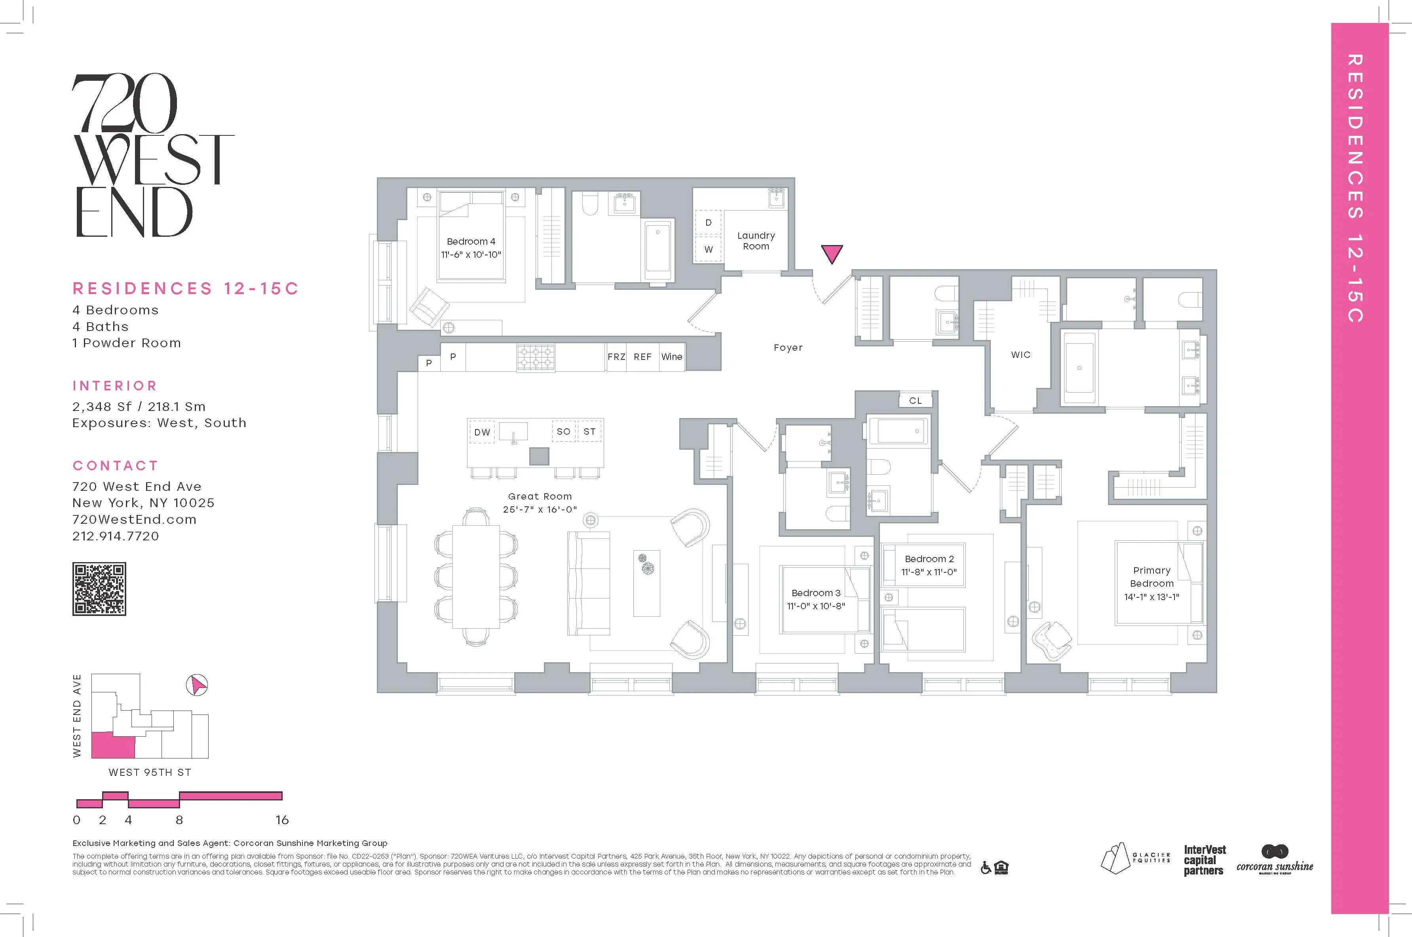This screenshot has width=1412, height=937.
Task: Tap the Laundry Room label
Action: pos(756,241)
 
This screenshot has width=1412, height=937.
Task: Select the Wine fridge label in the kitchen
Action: pos(672,357)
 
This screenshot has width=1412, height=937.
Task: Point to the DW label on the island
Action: pos(482,432)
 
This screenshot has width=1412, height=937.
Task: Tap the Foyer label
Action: pos(788,348)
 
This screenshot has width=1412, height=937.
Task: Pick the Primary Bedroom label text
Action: pos(1152,577)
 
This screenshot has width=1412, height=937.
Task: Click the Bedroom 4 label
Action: pos(471,241)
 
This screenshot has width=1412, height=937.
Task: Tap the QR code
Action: pos(99,589)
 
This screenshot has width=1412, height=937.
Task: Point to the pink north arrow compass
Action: pos(197,685)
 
